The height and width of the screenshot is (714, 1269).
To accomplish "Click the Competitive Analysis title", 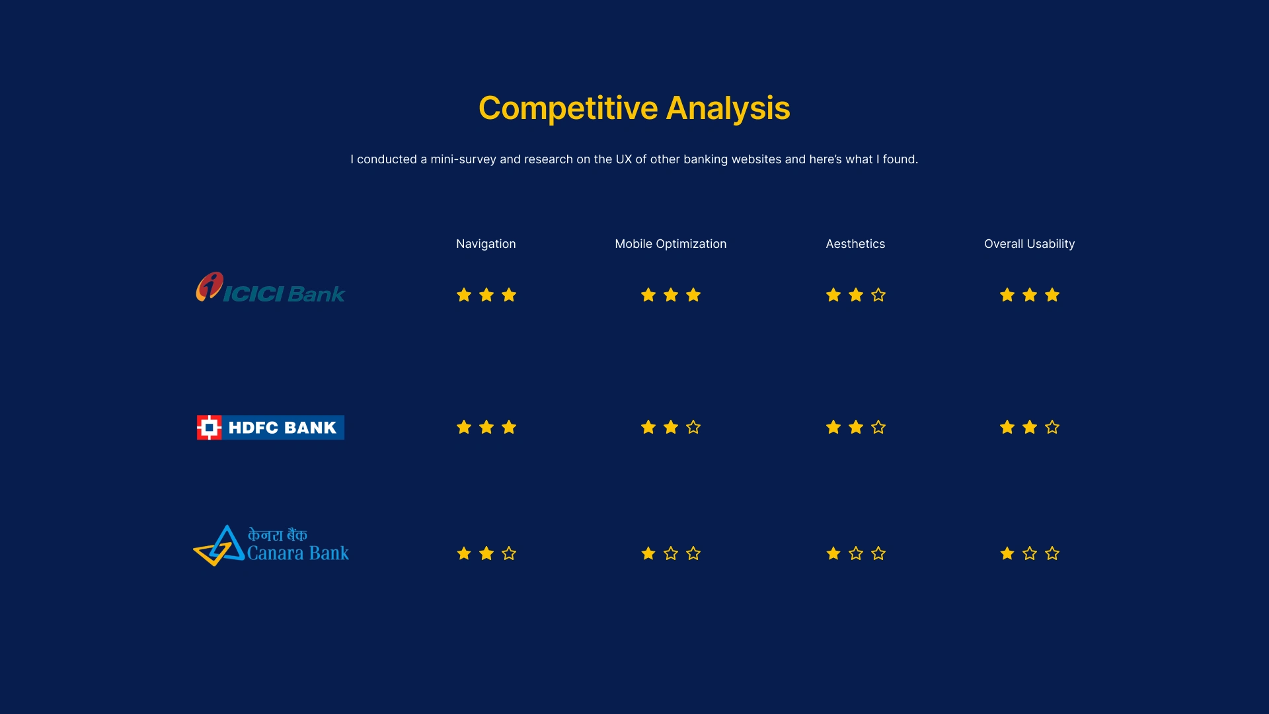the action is tap(634, 108).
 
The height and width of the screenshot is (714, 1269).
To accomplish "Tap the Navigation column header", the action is tap(486, 244).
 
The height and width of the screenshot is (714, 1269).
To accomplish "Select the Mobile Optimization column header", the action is tap(671, 244).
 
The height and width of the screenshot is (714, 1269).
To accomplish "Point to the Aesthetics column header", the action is tap(855, 244).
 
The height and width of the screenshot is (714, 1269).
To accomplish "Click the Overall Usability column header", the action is tap(1030, 244).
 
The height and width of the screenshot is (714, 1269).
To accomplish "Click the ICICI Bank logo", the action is tap(270, 288).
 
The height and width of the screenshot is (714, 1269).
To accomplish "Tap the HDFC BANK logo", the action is tap(270, 428).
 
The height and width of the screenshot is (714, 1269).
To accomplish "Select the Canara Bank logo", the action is tap(271, 545).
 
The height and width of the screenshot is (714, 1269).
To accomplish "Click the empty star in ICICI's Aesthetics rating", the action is tap(878, 295).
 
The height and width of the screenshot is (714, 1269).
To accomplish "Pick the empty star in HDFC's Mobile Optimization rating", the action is tap(693, 427).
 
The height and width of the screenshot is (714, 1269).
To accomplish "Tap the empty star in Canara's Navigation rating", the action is tap(509, 553).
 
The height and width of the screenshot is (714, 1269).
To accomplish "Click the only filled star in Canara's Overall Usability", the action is tap(1007, 553).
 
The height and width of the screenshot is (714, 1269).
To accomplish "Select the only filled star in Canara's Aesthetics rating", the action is tap(833, 553).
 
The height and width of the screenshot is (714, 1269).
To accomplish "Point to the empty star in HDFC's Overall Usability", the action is tap(1052, 427).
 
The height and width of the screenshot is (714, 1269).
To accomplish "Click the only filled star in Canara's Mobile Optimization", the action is tap(648, 553).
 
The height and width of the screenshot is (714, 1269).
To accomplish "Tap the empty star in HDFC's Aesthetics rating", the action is tap(878, 427).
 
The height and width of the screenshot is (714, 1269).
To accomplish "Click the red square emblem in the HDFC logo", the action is tap(209, 428).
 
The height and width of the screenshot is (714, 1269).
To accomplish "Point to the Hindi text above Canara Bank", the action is tap(278, 535).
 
